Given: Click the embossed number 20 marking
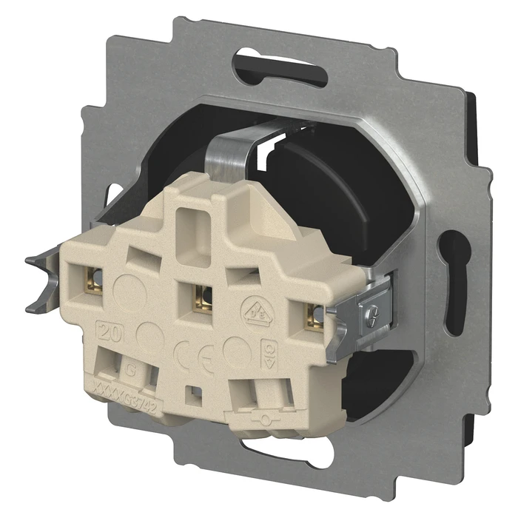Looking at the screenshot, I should (108, 331).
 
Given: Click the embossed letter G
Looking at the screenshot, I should (132, 363).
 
